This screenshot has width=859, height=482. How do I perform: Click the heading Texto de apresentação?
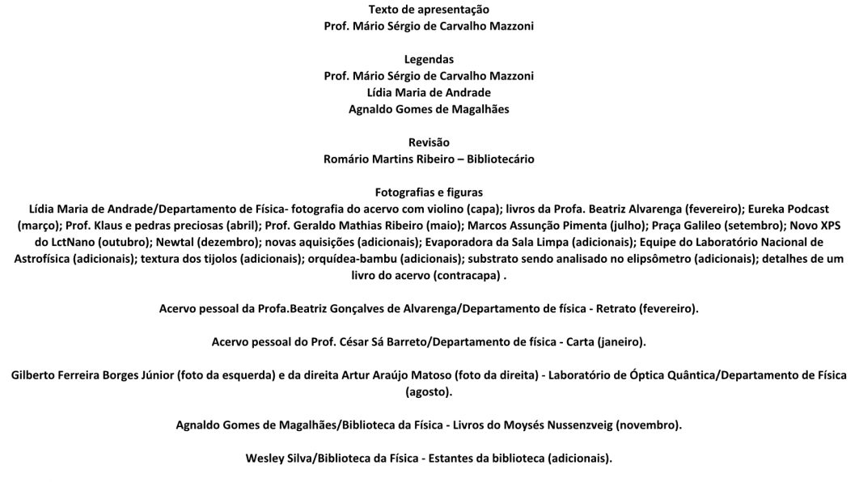tap(429, 10)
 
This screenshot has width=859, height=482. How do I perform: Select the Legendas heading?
tap(429, 59)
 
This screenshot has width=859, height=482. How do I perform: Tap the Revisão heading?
tap(429, 142)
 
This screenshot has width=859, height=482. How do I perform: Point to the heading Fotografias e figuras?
tap(429, 192)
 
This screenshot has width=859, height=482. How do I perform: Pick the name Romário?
tap(345, 159)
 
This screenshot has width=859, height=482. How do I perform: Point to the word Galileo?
tap(696, 226)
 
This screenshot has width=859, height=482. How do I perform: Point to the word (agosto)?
tap(429, 392)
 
